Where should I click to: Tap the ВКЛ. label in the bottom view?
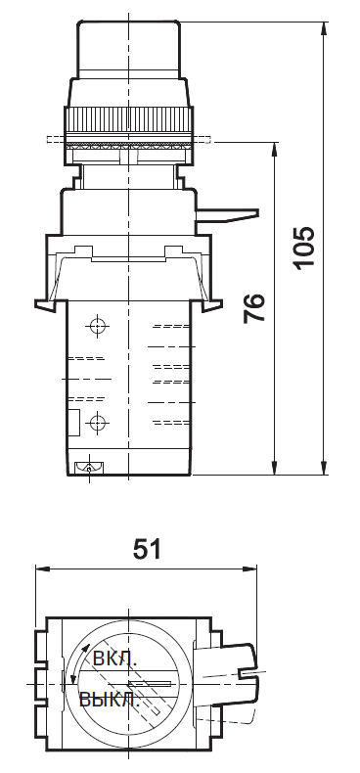114,659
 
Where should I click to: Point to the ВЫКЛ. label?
111,700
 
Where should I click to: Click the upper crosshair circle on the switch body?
97,326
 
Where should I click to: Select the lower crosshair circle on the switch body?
97,423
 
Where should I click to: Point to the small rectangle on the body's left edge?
72,422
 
